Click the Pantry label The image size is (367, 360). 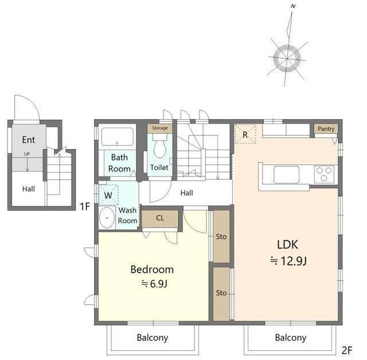[326, 129]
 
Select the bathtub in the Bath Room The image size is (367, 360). [117, 137]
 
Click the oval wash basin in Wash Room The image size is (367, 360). [107, 217]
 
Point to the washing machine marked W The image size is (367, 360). [108, 195]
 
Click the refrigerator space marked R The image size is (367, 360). [245, 134]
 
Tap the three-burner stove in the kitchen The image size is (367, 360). [324, 174]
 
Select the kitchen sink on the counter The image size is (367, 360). [287, 174]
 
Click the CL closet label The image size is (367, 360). [160, 218]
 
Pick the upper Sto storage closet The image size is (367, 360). [221, 236]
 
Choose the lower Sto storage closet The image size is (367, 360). [221, 294]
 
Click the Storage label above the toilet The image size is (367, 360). [160, 128]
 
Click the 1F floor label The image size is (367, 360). [85, 206]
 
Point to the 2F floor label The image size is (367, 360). [347, 350]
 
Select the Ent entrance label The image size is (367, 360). [29, 140]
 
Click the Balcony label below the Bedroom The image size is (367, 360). [153, 338]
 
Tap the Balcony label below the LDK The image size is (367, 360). [291, 338]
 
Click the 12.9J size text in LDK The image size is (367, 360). [294, 261]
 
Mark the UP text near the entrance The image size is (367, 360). [27, 154]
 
